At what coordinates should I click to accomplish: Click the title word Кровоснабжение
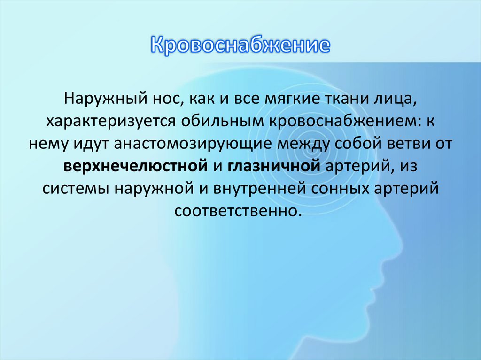pyautogui.click(x=240, y=46)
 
